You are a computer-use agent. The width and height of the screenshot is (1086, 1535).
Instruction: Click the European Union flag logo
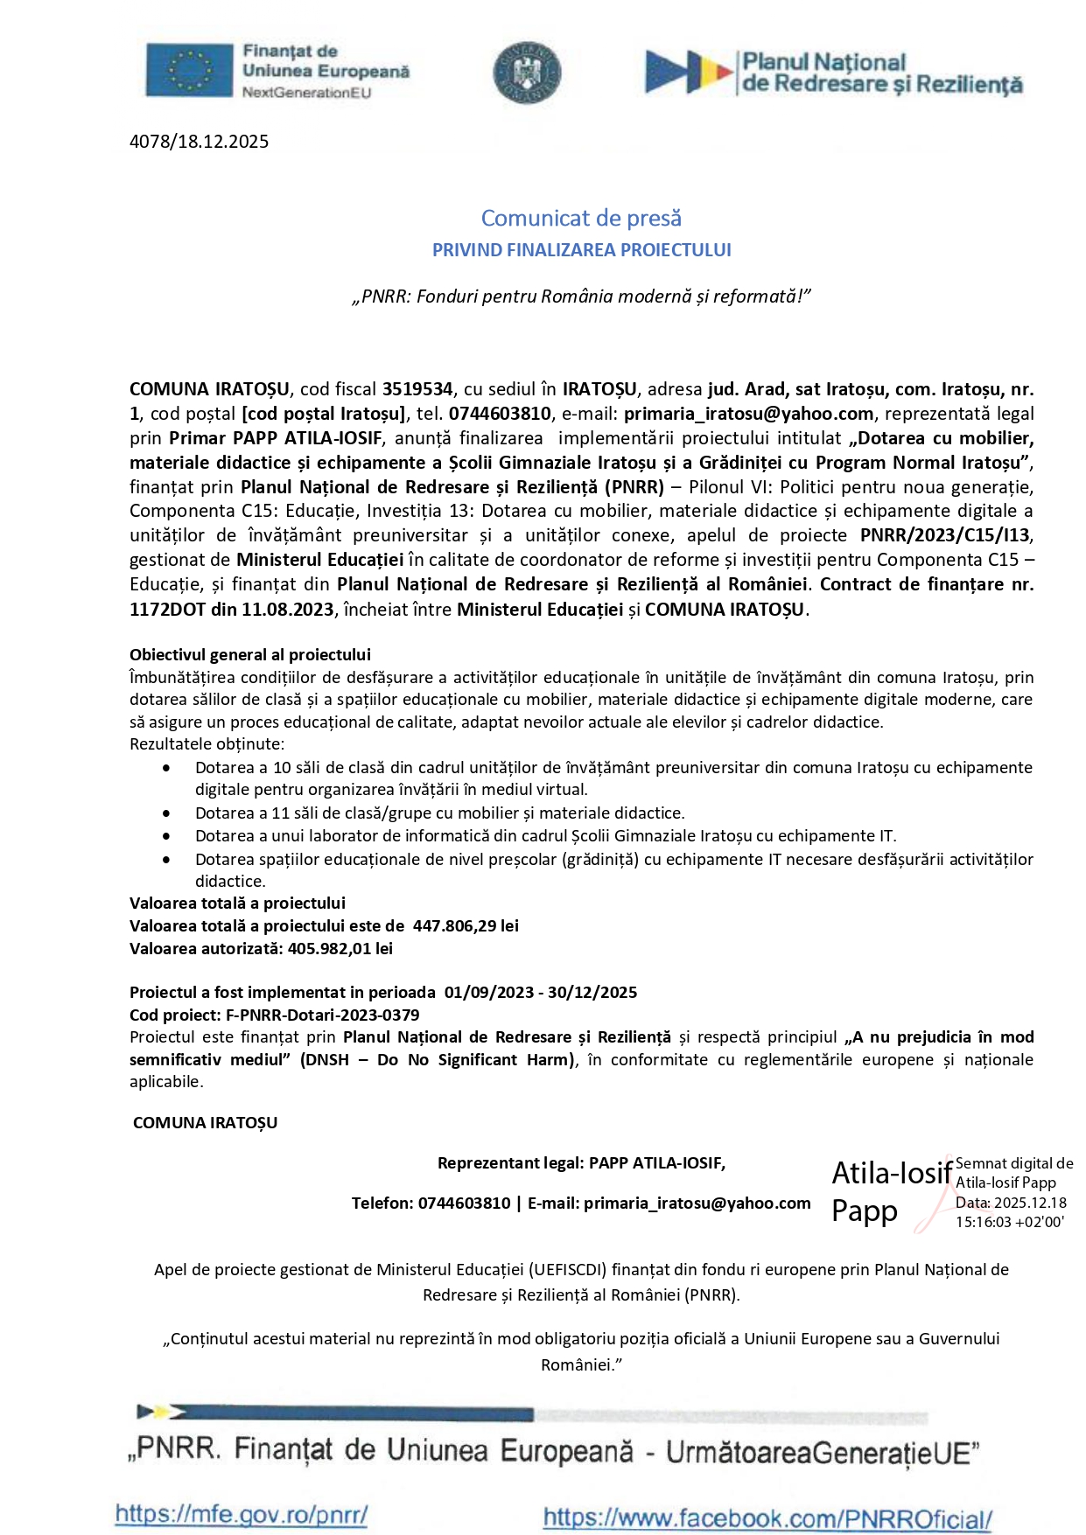point(189,70)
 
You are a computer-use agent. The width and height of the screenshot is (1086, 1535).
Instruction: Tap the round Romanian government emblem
point(527,73)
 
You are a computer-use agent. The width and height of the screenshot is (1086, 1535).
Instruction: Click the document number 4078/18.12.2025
point(199,142)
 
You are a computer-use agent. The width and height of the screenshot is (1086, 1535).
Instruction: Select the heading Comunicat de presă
point(581,218)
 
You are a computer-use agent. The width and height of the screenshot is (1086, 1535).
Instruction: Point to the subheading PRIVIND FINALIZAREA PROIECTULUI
point(581,250)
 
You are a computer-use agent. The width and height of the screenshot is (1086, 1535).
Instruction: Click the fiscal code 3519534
point(417,389)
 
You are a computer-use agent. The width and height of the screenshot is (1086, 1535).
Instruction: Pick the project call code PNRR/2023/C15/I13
point(945,535)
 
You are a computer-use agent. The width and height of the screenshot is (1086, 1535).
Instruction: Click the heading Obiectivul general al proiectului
point(250,654)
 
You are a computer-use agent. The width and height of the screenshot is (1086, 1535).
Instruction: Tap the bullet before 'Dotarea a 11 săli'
point(166,813)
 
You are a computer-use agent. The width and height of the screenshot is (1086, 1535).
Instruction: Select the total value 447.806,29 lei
point(466,925)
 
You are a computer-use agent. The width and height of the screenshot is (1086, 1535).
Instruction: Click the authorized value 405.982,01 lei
point(340,948)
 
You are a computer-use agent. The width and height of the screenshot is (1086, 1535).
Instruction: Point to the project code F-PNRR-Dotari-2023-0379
point(322,1015)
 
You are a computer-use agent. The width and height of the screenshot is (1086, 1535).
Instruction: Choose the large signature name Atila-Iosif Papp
point(891,1191)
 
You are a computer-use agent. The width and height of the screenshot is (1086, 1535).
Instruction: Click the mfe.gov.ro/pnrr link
point(241,1514)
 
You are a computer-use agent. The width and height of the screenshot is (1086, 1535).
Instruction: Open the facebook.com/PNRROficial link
point(767,1518)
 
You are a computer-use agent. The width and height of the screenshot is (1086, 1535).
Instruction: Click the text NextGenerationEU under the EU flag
point(306,93)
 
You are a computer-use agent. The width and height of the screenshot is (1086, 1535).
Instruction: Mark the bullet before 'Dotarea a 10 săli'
point(166,768)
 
